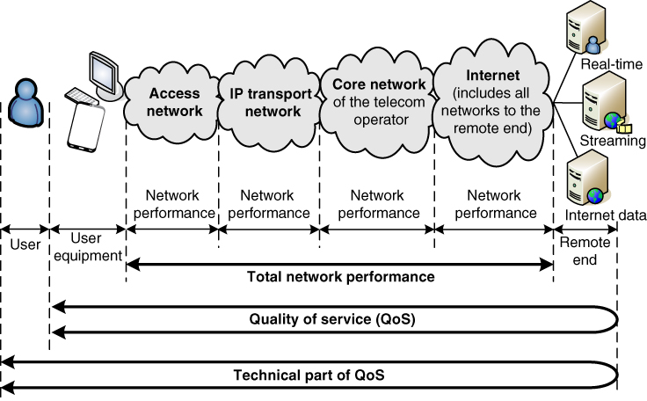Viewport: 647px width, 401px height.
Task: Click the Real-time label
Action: tap(607, 64)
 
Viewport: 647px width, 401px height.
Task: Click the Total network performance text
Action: tap(340, 277)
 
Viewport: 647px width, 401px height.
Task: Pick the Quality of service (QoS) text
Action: tap(331, 318)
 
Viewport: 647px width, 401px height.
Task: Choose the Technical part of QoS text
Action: tap(309, 375)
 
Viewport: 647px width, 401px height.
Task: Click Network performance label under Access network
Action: tap(172, 204)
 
